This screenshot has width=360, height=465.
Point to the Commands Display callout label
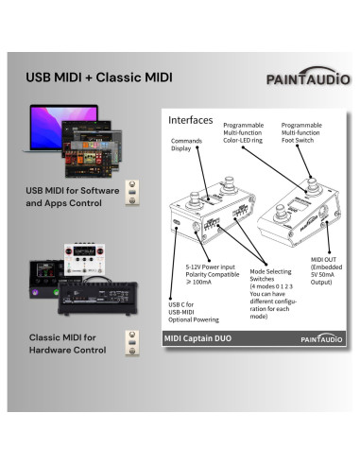tap(186, 144)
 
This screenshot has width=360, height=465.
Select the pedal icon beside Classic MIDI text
tap(132, 342)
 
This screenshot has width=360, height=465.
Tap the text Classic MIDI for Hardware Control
tap(65, 342)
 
